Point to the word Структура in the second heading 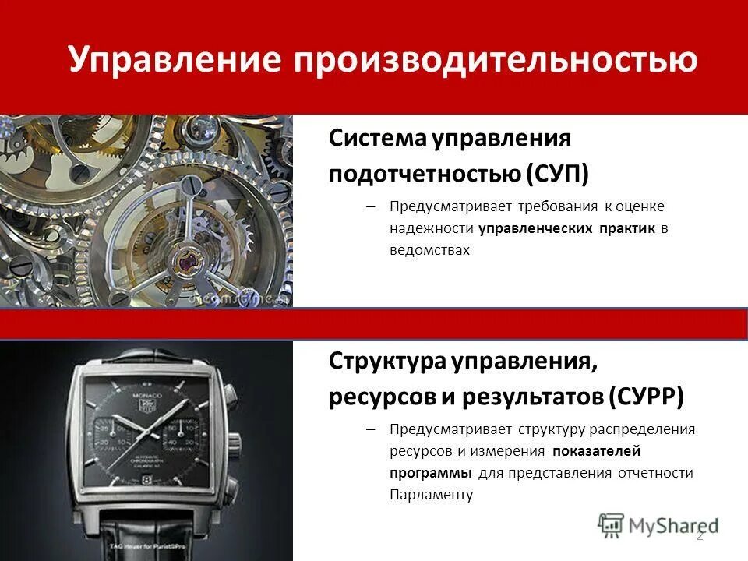(386, 362)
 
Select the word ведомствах (430, 251)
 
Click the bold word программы (431, 473)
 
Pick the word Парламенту (432, 495)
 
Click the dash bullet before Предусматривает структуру (371, 429)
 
